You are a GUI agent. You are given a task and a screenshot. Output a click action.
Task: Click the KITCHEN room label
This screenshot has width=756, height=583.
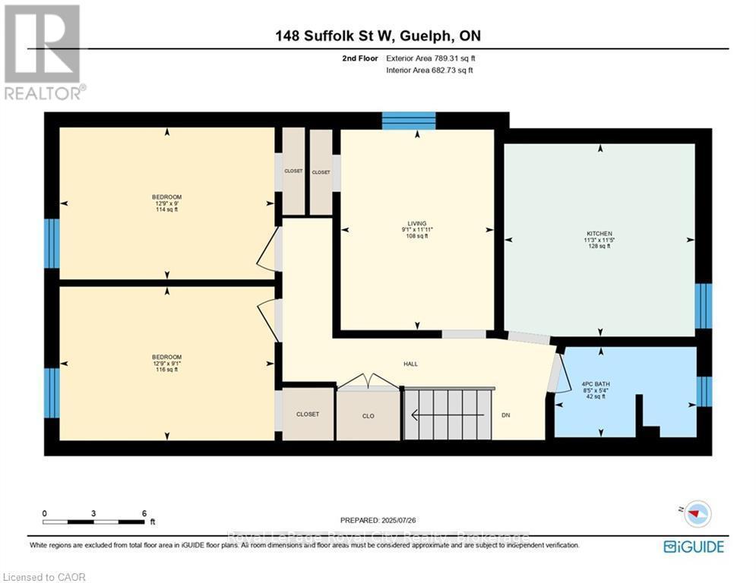pos(599,233)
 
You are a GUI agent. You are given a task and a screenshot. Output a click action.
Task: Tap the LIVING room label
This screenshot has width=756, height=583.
pos(416,222)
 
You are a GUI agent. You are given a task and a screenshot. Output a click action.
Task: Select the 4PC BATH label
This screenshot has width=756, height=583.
pos(596,384)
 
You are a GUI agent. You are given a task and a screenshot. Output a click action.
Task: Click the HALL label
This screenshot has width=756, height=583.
pos(410,364)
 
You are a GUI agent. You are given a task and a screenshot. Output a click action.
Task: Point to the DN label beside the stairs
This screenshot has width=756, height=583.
pos(506,415)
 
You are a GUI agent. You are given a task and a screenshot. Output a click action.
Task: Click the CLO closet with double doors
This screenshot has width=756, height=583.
pos(368,415)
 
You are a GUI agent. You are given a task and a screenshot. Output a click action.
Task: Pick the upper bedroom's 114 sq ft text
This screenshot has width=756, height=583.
pos(166,210)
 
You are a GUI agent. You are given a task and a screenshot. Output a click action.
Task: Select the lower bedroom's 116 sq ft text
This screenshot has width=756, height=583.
pos(166,370)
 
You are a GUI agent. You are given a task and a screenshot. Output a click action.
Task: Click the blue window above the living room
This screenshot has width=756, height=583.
pos(408,121)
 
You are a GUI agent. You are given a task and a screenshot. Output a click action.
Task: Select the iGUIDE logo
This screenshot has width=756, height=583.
pos(693,547)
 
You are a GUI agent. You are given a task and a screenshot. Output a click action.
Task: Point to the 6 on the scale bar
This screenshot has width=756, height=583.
pos(144,513)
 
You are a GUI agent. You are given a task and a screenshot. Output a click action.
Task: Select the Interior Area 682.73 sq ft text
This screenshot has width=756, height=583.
pos(429,70)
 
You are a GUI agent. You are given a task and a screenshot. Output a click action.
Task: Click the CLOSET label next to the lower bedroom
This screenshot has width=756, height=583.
pos(308,414)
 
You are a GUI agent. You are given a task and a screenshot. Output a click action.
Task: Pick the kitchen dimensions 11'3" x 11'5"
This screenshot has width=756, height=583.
pos(599,240)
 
